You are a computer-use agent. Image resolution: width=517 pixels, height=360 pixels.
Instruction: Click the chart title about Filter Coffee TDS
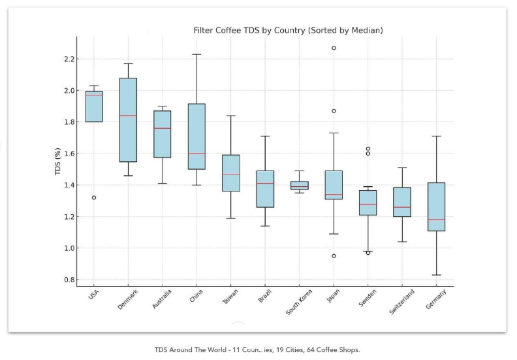pyautogui.click(x=288, y=31)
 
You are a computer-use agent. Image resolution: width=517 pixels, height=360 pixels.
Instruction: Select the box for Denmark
pyautogui.click(x=128, y=120)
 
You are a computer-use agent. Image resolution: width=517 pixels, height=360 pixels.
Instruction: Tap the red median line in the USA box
pyautogui.click(x=94, y=95)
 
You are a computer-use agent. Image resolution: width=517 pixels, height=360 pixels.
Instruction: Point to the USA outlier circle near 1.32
pyautogui.click(x=94, y=197)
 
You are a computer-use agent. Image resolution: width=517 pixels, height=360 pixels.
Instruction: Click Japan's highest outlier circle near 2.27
pyautogui.click(x=334, y=48)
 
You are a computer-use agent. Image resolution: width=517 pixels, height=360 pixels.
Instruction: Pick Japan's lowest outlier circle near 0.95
pyautogui.click(x=334, y=256)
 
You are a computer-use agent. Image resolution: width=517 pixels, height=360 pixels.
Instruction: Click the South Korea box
pyautogui.click(x=300, y=186)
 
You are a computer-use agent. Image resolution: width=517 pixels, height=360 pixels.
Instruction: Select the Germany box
pyautogui.click(x=436, y=206)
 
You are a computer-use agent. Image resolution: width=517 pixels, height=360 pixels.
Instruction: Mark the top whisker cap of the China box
pyautogui.click(x=196, y=54)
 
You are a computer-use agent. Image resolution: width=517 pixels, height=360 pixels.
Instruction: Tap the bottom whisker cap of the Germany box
pyautogui.click(x=436, y=275)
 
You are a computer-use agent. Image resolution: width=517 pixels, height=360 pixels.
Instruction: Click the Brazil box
pyautogui.click(x=265, y=189)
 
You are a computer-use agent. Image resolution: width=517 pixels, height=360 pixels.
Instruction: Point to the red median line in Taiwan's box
pyautogui.click(x=231, y=174)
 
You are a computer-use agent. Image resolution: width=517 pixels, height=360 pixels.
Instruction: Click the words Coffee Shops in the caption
pyautogui.click(x=341, y=350)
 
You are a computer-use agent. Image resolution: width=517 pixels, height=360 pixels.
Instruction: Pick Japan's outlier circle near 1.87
pyautogui.click(x=334, y=111)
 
